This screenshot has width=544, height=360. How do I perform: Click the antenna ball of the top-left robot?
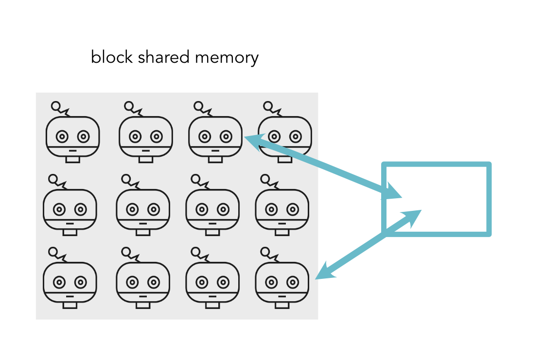(56, 105)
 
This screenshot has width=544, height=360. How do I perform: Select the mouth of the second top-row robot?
(146, 151)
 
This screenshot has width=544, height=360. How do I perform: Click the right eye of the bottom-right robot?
(293, 282)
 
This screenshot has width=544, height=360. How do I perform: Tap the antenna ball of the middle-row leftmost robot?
(53, 178)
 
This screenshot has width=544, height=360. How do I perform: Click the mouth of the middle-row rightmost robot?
(282, 223)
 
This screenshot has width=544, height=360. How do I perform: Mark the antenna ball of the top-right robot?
(267, 105)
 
